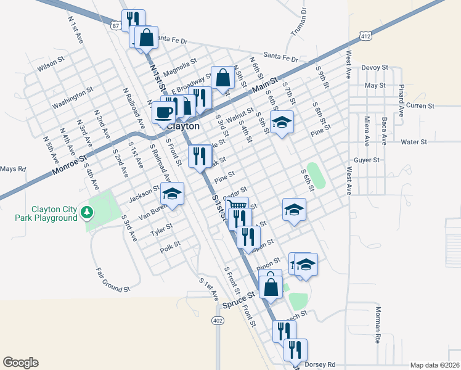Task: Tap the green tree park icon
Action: [88, 213]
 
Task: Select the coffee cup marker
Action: [163, 112]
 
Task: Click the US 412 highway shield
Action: [366, 37]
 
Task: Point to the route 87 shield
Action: [116, 26]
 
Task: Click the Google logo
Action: [20, 363]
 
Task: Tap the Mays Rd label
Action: [13, 169]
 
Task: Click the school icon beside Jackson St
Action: [173, 194]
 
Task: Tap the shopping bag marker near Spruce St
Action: [271, 287]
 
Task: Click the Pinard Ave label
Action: [401, 101]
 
